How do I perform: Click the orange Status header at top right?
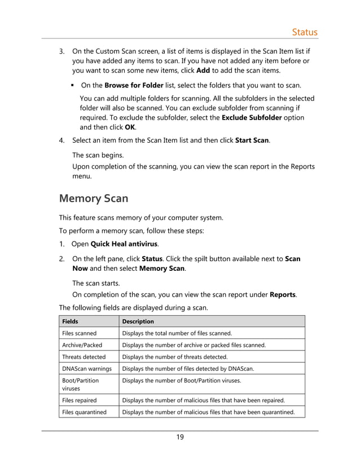click(304, 32)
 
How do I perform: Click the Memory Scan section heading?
click(94, 199)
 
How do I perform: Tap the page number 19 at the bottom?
click(179, 437)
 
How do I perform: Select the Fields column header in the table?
click(71, 321)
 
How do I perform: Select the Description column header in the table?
click(138, 321)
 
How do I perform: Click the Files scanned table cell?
click(79, 333)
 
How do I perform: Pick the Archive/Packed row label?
click(82, 345)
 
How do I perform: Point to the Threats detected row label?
click(84, 357)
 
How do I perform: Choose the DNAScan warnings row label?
click(86, 368)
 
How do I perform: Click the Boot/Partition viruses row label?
click(80, 385)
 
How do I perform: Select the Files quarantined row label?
click(84, 412)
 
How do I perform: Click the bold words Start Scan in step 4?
click(252, 140)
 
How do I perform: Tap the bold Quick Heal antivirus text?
click(124, 244)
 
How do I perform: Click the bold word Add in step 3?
click(204, 71)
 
